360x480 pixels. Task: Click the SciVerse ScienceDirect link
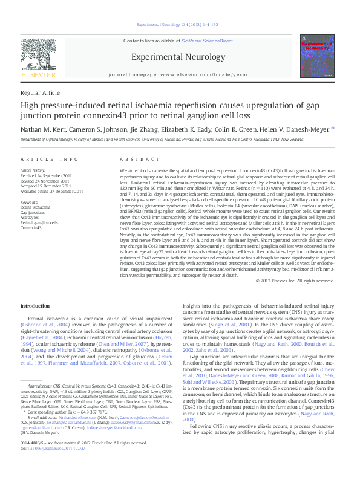208,41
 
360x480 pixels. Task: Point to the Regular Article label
41,93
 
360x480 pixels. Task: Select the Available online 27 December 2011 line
52,191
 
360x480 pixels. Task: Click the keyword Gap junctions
33,213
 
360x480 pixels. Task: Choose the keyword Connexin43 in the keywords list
31,228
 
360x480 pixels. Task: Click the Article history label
33,171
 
